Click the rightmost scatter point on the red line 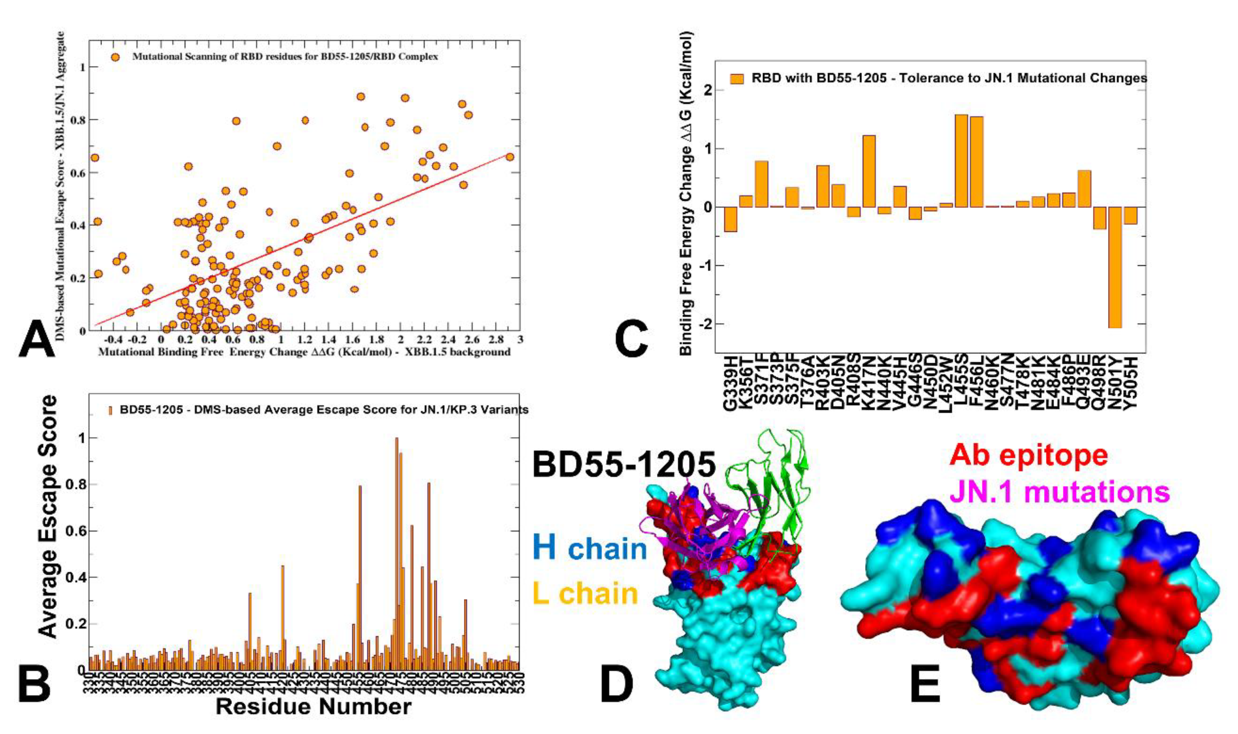(x=510, y=157)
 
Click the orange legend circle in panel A (x=115, y=57)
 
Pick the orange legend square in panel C (x=737, y=79)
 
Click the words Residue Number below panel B (x=313, y=706)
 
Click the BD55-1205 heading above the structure (x=624, y=465)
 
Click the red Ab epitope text (x=1028, y=455)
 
